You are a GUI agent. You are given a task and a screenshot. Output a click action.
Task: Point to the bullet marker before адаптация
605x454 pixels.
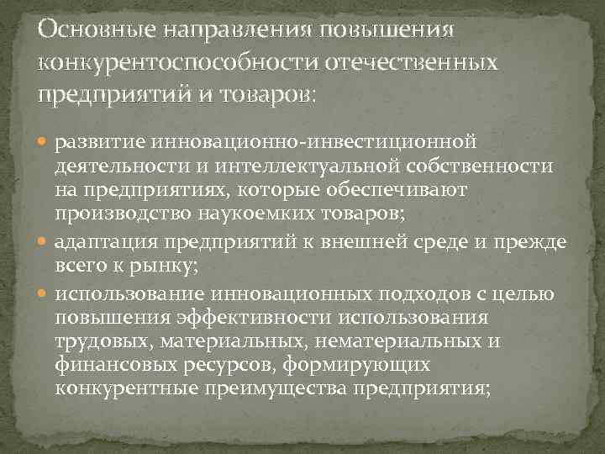[x=45, y=243]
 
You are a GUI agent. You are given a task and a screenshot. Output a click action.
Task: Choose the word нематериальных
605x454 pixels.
[x=389, y=343]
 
